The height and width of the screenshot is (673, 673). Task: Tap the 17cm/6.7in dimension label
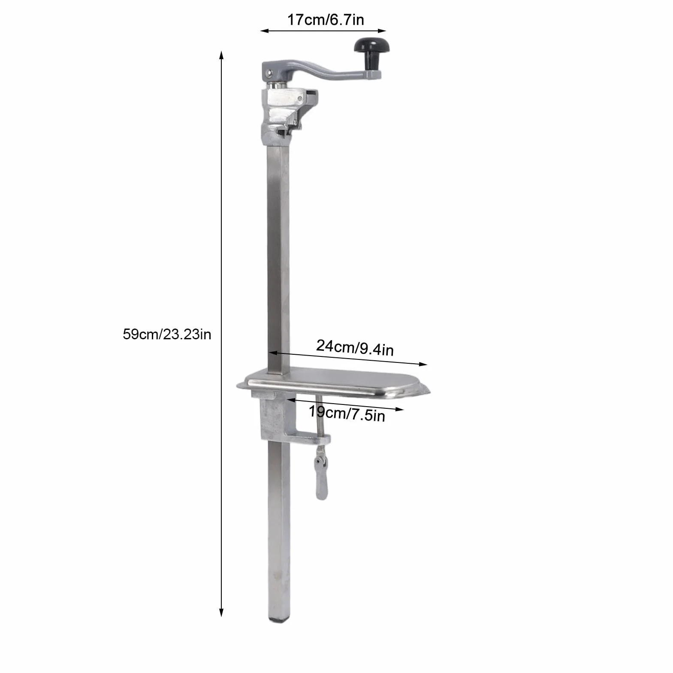pyautogui.click(x=325, y=20)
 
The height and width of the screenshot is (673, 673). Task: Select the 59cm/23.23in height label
pyautogui.click(x=167, y=334)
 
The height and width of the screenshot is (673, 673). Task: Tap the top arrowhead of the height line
pyautogui.click(x=221, y=54)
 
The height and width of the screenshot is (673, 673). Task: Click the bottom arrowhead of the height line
pyautogui.click(x=221, y=613)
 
